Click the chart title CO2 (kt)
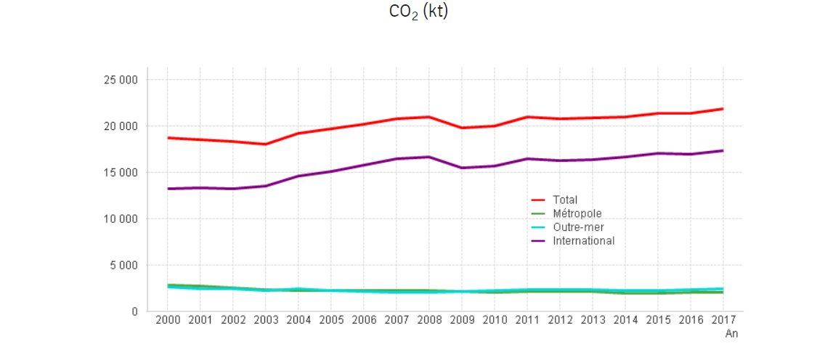click(x=419, y=12)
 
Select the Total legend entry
click(x=564, y=200)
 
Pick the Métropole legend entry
click(x=577, y=213)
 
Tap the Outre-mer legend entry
click(x=578, y=227)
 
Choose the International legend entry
click(x=583, y=241)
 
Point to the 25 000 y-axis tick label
click(x=122, y=80)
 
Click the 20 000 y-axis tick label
click(x=122, y=126)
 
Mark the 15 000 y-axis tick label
click(x=122, y=173)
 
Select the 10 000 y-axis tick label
click(x=122, y=218)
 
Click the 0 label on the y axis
click(x=134, y=311)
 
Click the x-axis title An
click(x=731, y=334)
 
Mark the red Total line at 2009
click(x=462, y=128)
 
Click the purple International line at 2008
click(x=429, y=157)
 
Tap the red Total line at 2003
click(x=266, y=144)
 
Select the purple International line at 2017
click(x=723, y=150)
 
